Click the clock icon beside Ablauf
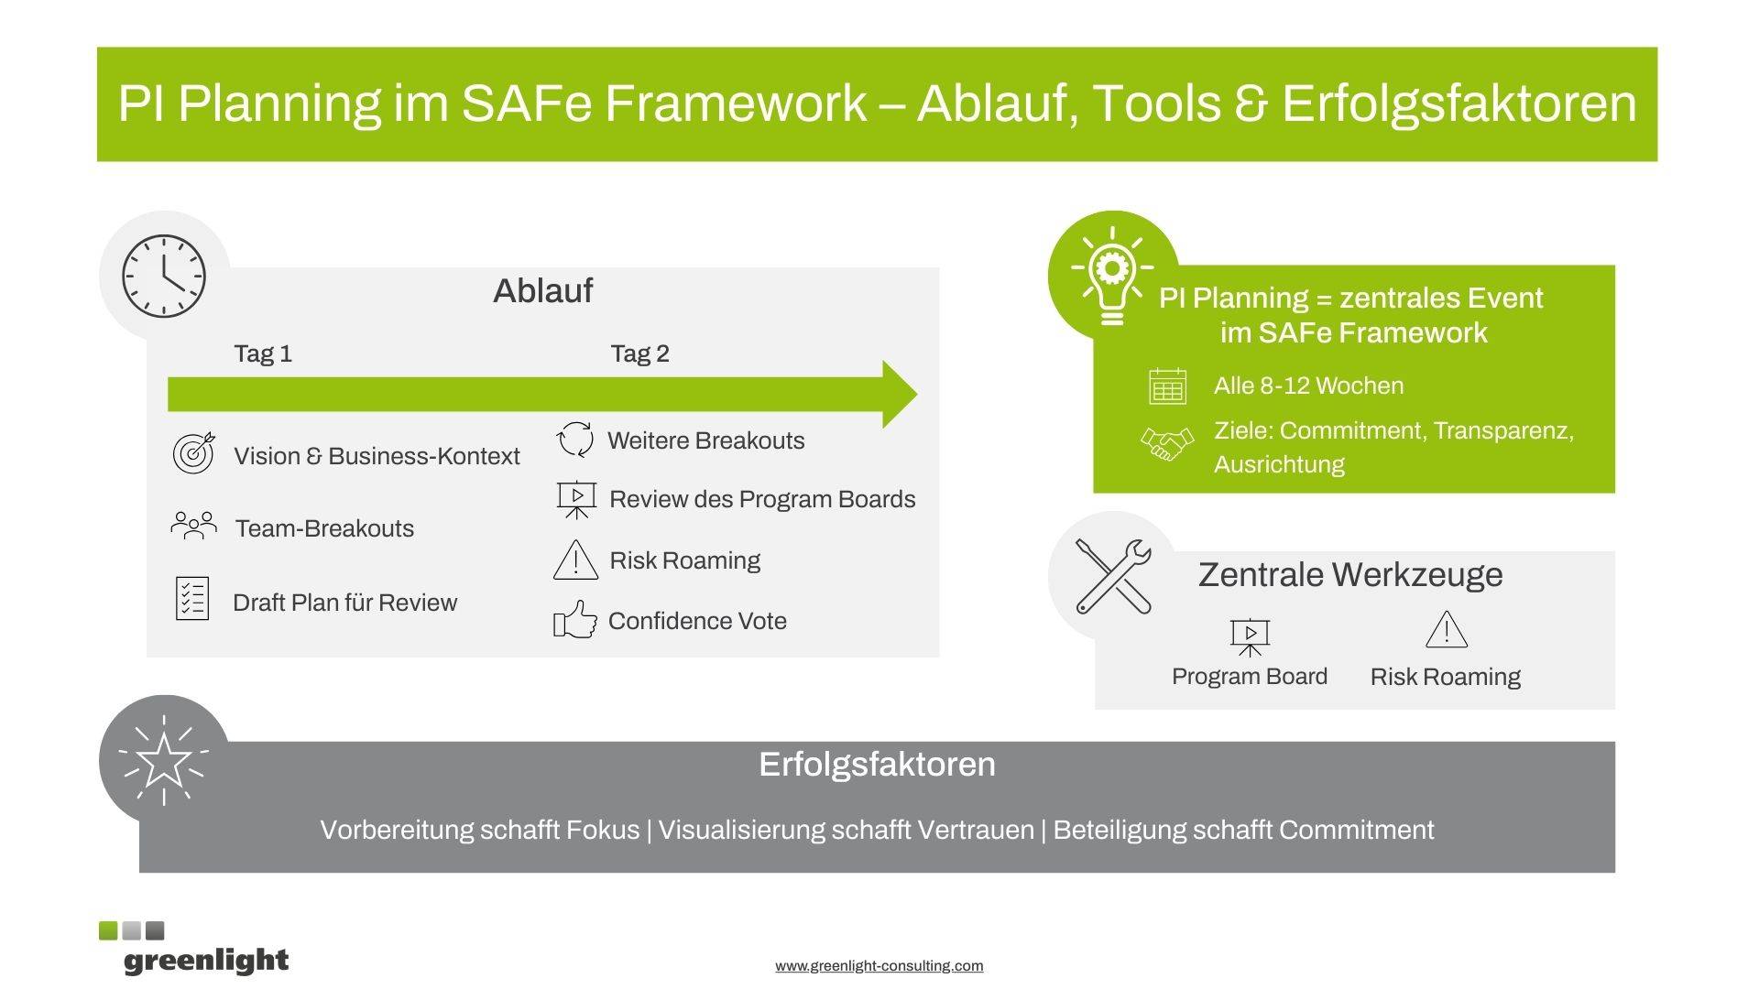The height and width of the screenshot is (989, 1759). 164,276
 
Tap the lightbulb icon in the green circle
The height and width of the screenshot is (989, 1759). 1111,276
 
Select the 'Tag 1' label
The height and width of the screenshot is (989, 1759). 263,353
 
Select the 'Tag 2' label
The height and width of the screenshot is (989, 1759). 640,353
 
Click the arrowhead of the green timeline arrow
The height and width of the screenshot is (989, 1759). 899,394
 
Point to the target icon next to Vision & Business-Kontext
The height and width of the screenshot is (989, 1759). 194,452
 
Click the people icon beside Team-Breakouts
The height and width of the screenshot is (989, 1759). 193,526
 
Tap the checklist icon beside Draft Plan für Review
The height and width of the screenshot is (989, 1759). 192,599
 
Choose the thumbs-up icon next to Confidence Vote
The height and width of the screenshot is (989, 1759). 575,619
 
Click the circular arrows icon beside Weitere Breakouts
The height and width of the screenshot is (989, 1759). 575,439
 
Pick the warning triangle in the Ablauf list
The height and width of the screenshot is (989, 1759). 575,560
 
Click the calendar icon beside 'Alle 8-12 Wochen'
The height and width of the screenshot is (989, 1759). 1167,386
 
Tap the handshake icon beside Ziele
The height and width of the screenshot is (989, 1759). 1167,444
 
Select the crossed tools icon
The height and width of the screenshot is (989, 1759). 1113,576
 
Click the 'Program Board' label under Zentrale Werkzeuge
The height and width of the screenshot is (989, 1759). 1250,677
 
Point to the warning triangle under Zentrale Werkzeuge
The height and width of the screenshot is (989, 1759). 1447,630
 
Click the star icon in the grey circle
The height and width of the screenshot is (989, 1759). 163,759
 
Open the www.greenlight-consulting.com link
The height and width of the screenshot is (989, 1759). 879,965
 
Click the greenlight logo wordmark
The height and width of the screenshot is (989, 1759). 206,961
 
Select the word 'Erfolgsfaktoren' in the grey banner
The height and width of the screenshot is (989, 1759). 877,764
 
